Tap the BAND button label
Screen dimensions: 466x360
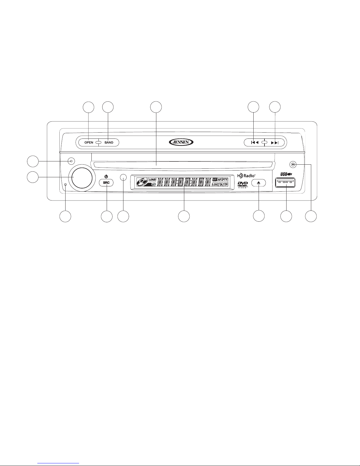tap(109, 143)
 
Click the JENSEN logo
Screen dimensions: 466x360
tap(181, 142)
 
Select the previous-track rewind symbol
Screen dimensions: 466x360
tap(254, 143)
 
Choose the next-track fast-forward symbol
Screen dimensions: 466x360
tap(274, 143)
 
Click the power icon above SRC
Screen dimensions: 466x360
tap(106, 176)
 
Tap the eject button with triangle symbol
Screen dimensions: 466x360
tap(259, 182)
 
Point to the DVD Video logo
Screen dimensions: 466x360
tap(243, 185)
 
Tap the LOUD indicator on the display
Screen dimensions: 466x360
tap(152, 179)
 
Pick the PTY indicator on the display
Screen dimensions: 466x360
tap(225, 179)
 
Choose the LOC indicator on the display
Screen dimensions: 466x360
tap(215, 185)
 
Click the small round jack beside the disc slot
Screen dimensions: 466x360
tap(292, 164)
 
